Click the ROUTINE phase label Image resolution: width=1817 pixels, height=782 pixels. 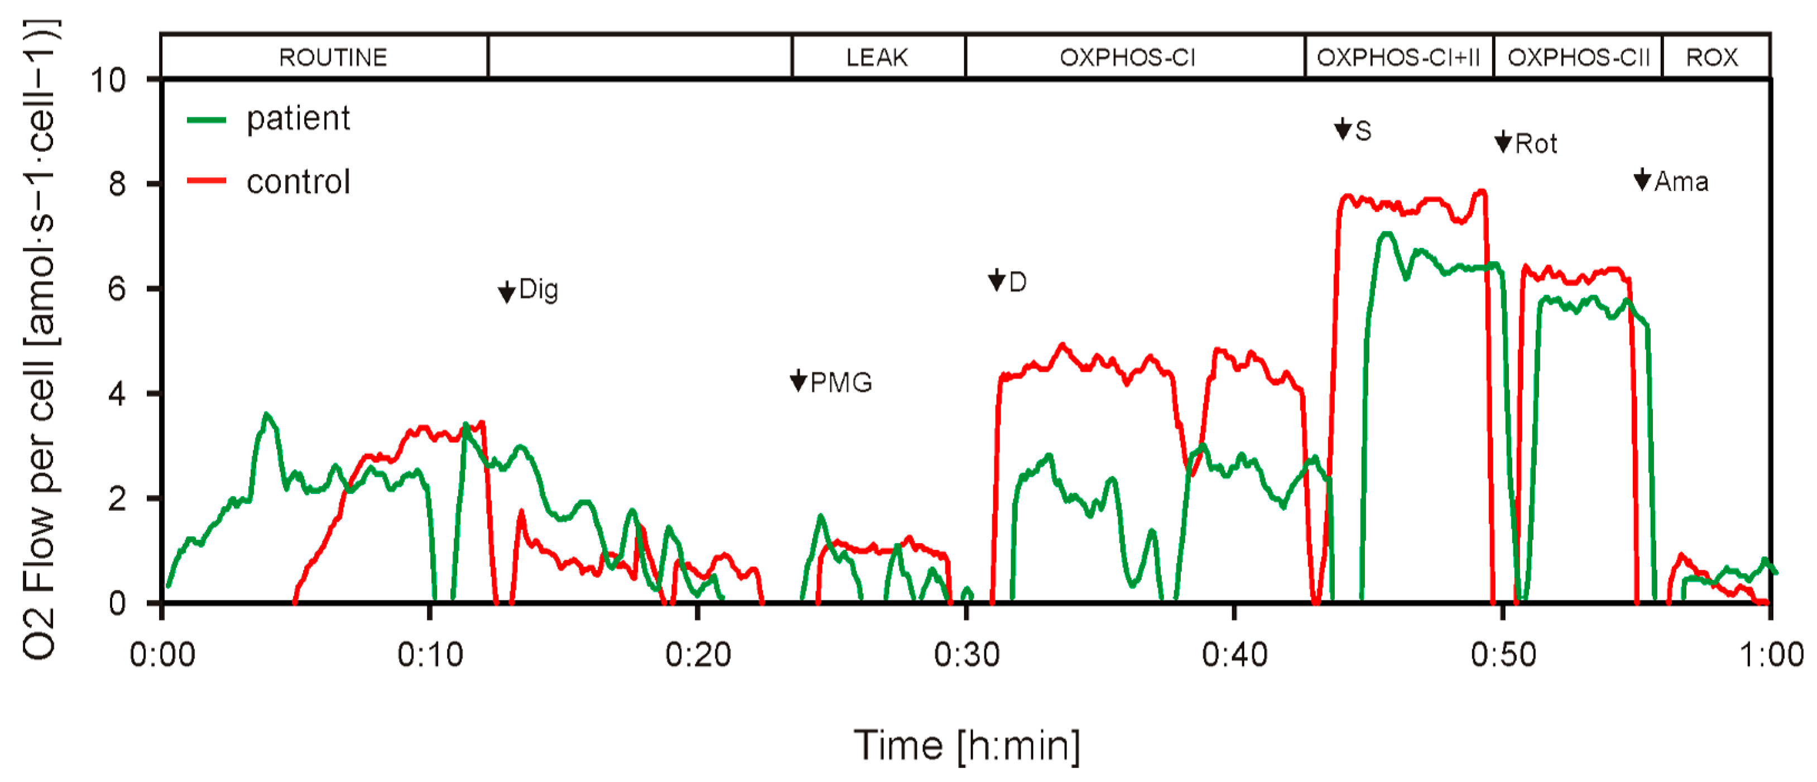point(333,57)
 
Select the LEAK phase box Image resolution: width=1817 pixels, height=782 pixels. point(877,57)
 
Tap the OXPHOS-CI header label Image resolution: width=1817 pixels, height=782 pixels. point(1127,57)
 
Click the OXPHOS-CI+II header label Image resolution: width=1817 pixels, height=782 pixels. point(1398,57)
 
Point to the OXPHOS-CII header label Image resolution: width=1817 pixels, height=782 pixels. point(1578,57)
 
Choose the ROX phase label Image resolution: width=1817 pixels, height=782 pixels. point(1712,57)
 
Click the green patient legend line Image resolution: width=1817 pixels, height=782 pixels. point(206,120)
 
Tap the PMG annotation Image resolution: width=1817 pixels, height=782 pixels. point(832,382)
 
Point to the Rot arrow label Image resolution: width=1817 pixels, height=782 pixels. point(1526,144)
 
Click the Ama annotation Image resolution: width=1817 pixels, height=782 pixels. point(1672,181)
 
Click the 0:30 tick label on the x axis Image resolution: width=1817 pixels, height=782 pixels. point(967,655)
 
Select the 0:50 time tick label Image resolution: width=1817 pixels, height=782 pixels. point(1503,655)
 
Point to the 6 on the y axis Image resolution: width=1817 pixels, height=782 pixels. point(117,289)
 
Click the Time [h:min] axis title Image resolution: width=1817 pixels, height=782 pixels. point(967,745)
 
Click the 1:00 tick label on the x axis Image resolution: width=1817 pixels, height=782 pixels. point(1771,655)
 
